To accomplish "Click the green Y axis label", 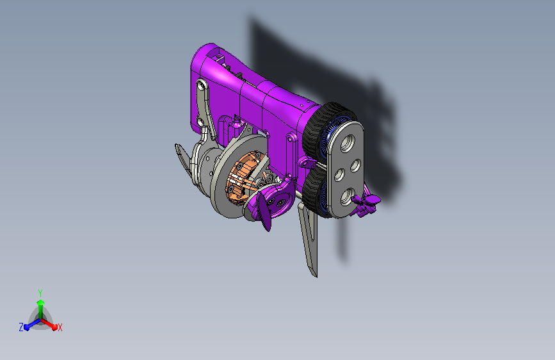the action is point(40,293).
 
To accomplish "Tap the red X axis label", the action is point(60,327).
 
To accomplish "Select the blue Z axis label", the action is point(21,327).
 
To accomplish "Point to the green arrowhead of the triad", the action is point(41,302).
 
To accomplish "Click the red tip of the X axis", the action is point(54,327).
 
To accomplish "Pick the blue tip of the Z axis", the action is point(26,327).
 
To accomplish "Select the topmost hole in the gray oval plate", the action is point(347,143).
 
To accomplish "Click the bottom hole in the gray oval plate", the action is point(346,197).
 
